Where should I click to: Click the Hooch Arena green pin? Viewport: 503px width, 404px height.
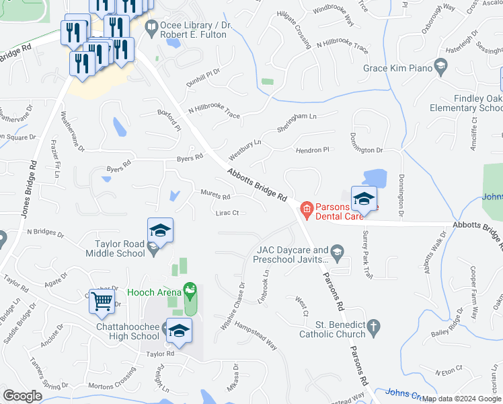coord(190,292)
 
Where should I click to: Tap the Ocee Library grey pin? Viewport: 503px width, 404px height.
coord(151,28)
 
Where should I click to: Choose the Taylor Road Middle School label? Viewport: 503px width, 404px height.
coord(115,247)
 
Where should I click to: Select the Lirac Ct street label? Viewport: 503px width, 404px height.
coord(228,213)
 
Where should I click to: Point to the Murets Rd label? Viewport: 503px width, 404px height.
coord(215,195)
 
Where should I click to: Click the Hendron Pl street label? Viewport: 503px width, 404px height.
coord(314,150)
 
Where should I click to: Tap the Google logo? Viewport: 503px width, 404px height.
coord(23,397)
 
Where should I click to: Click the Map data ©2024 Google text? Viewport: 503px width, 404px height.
coord(461,399)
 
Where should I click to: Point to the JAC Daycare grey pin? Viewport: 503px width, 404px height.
coord(337,254)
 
